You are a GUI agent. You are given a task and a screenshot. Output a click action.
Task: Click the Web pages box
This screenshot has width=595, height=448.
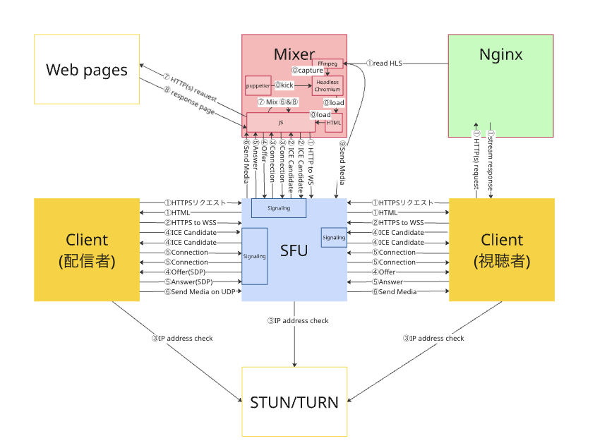point(87,69)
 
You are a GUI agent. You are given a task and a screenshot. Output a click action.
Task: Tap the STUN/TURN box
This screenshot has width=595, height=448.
point(294,401)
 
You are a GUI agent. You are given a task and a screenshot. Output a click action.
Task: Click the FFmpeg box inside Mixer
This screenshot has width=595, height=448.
point(327,63)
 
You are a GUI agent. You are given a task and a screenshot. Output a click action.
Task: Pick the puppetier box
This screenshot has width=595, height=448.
point(258,85)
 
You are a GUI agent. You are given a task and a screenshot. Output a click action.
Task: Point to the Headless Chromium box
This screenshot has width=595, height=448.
point(327,86)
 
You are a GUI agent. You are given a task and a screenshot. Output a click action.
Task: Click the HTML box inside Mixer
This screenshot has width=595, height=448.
point(334,122)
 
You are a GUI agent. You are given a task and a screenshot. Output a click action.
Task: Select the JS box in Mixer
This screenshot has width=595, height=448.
point(280,122)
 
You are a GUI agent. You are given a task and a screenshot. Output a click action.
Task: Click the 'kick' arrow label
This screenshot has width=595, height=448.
point(284,85)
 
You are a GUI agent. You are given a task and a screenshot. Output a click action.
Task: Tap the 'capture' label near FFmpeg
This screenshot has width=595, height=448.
point(308,71)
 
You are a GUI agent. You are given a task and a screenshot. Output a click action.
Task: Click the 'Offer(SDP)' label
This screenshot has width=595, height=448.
point(188,272)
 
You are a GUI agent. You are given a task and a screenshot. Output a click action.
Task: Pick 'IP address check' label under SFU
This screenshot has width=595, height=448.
point(297,321)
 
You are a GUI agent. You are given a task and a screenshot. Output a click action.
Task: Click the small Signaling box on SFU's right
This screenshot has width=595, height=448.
point(334,238)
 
